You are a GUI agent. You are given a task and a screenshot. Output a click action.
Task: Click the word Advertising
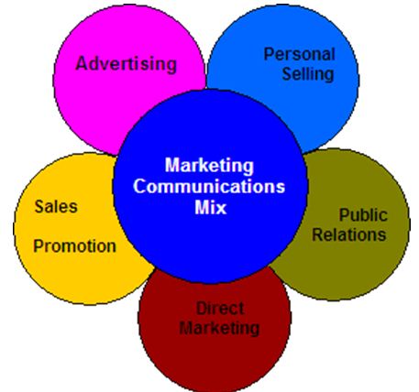127,64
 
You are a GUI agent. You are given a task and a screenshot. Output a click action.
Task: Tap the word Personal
299,54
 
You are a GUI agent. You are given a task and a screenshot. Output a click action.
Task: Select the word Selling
308,74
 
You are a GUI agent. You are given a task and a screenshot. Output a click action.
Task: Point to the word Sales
56,206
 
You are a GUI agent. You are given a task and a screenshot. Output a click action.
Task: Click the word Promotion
74,246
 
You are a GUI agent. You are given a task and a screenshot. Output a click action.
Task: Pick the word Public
363,215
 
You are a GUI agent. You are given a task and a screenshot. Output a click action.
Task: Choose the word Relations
349,234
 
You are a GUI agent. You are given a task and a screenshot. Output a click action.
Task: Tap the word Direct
220,308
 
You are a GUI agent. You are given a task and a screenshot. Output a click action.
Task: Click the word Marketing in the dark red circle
219,329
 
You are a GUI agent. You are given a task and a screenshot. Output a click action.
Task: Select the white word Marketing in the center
209,166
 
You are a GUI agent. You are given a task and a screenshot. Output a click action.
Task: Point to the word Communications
209,186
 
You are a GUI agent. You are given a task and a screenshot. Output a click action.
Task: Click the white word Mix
211,207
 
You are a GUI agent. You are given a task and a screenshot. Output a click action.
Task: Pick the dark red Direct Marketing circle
215,336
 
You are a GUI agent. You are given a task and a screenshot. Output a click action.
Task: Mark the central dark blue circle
210,186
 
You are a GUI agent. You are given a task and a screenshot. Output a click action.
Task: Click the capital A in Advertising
82,63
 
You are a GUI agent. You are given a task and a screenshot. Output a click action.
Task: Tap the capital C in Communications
139,186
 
